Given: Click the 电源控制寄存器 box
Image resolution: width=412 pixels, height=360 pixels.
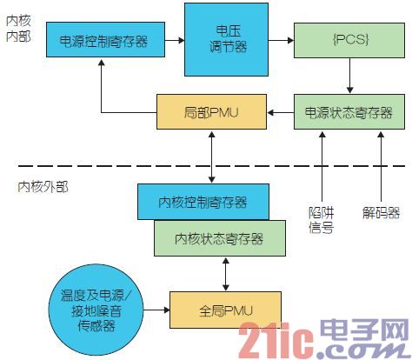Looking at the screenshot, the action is [106, 39].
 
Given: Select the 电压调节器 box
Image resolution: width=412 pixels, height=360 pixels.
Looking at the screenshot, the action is [226, 40].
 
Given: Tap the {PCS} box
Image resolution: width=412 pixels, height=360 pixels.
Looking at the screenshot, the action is [349, 40].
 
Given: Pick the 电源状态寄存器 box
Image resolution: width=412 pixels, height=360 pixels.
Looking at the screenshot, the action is [349, 111].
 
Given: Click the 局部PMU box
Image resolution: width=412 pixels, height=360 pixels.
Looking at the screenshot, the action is [211, 111].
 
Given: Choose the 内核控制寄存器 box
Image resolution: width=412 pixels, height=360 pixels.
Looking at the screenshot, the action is [203, 202].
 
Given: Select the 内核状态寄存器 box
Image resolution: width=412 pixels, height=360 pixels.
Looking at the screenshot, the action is [220, 238].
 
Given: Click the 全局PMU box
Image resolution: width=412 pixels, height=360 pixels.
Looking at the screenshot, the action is [225, 310].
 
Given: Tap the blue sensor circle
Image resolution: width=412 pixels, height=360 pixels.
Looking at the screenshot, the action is [96, 310].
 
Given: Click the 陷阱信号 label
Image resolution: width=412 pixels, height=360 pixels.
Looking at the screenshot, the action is [321, 220].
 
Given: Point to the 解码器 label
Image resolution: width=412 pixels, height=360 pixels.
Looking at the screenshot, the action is [381, 213].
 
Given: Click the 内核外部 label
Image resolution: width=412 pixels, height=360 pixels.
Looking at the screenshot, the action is [43, 187].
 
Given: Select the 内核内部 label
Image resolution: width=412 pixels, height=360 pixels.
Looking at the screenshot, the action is [18, 29].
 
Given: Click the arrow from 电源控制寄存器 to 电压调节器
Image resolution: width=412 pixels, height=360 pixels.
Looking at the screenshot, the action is [175, 40].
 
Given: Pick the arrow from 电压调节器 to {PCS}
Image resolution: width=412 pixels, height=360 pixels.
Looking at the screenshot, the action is [281, 40].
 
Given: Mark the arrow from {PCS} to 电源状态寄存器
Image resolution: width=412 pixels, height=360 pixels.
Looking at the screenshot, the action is [349, 76].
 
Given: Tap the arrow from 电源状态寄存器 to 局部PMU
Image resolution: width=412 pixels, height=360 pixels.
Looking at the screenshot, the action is [280, 112].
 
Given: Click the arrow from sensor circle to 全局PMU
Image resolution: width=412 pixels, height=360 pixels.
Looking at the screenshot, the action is [156, 310].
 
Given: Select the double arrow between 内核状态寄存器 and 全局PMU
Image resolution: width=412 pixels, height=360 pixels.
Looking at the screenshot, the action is [226, 274].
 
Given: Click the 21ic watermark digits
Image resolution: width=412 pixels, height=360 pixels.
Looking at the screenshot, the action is [276, 340].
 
